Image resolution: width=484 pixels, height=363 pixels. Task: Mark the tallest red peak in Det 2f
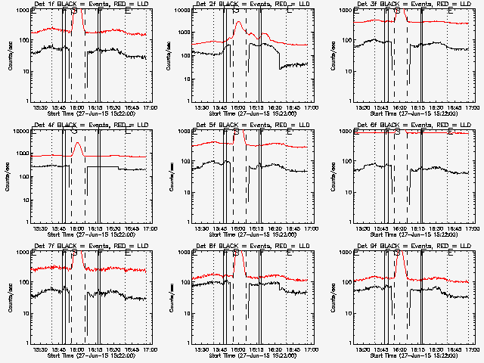coord(238,23)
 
